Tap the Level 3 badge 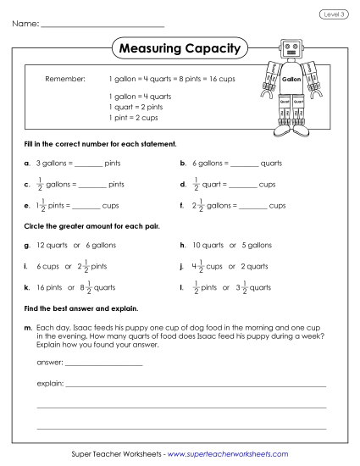[333, 14]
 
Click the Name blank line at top [102, 26]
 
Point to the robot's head [291, 48]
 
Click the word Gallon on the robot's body [291, 79]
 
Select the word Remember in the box [65, 78]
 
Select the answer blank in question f [253, 205]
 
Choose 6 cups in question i [47, 266]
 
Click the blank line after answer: [103, 363]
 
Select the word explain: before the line [50, 384]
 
